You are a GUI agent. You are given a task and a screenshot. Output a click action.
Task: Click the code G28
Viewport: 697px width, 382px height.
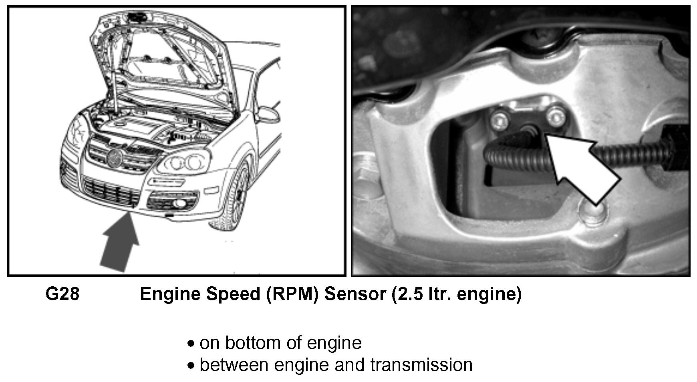tap(62, 294)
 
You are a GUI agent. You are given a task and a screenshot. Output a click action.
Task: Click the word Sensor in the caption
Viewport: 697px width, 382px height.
tap(355, 294)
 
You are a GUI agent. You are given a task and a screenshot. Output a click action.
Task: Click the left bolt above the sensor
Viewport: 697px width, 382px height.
tap(499, 119)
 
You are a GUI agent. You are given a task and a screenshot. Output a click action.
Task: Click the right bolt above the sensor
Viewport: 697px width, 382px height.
tap(555, 117)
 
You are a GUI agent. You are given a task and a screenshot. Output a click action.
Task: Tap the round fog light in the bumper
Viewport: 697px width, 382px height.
tap(181, 204)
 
